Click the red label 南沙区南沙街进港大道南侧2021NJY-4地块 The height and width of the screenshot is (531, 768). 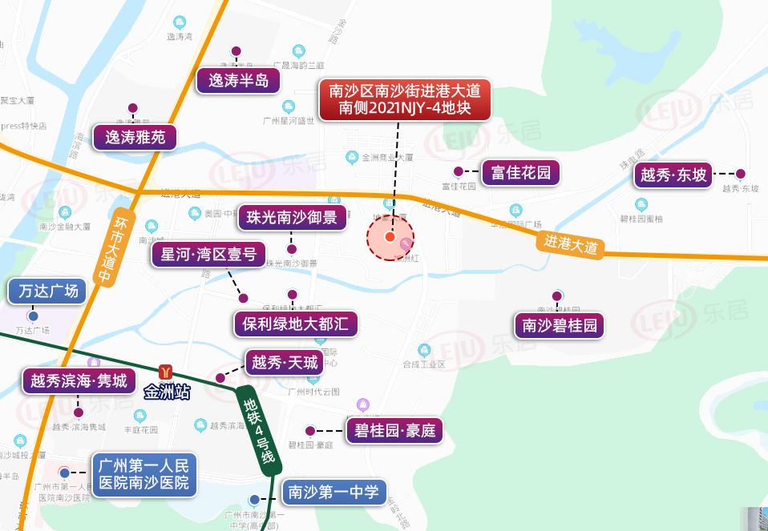pos(404,100)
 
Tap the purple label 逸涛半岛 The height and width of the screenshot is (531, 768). pos(238,80)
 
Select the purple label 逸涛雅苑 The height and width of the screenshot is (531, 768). pos(135,137)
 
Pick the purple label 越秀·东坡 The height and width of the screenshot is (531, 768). pos(673,175)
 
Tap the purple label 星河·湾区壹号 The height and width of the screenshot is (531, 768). pos(208,255)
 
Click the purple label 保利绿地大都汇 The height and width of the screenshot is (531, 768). pos(295,324)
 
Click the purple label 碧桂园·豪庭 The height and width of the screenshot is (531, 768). pos(394,431)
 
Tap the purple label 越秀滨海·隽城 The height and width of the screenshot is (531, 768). pos(78,380)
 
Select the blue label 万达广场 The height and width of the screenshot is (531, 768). pos(48,291)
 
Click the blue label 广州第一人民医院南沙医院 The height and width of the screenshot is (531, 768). pos(143,474)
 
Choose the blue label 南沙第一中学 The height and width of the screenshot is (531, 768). pos(333,491)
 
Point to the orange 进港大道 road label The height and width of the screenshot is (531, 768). pos(571,243)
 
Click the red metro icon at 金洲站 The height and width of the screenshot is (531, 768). pos(166,372)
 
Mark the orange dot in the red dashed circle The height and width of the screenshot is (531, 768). pos(390,236)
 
